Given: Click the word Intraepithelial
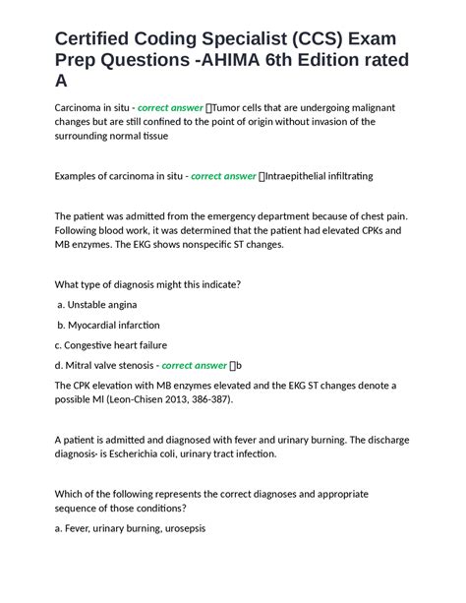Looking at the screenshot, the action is [304, 176].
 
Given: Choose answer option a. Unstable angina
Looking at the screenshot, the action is [96, 305].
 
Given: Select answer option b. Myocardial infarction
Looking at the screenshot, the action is [107, 325].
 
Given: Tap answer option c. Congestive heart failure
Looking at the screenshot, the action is [111, 345].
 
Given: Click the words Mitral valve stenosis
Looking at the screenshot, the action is [108, 365].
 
